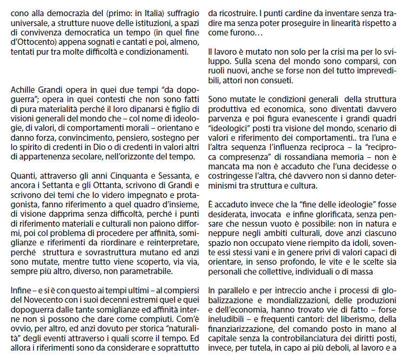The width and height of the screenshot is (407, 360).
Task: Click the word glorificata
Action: pyautogui.click(x=328, y=213)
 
